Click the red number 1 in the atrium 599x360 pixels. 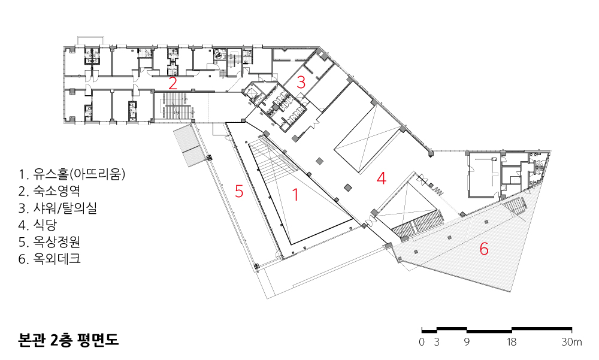click(x=295, y=195)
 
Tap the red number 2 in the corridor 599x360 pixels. click(x=173, y=84)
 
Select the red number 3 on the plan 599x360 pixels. click(x=301, y=82)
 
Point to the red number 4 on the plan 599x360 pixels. click(x=381, y=179)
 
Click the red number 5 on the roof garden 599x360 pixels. click(x=239, y=191)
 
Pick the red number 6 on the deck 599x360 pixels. click(x=483, y=249)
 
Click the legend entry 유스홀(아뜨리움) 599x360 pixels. click(x=72, y=174)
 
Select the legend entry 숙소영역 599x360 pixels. click(x=49, y=191)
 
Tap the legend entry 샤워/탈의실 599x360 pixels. click(x=58, y=208)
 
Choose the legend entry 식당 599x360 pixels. click(x=37, y=225)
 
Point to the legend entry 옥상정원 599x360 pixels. click(x=49, y=242)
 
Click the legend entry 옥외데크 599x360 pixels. click(x=49, y=259)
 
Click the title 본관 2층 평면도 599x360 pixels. click(x=68, y=340)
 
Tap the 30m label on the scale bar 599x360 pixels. click(x=571, y=342)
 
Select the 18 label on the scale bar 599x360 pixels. click(x=512, y=342)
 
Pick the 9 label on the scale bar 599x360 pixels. click(x=467, y=342)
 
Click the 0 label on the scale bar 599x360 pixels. click(x=422, y=342)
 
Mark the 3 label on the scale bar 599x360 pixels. click(x=437, y=342)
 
